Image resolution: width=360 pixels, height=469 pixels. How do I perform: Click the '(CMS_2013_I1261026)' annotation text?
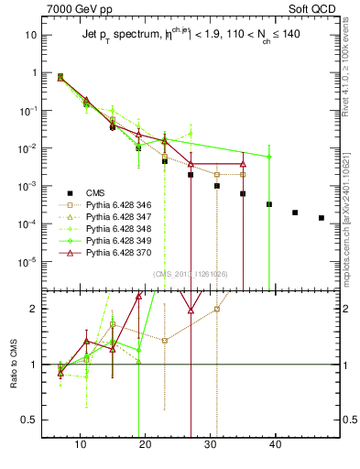tap(190, 274)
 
